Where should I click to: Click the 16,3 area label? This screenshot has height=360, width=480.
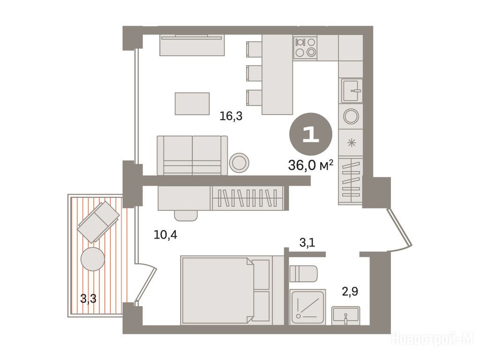pos(231,116)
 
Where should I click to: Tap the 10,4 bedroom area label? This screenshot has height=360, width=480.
pos(165,235)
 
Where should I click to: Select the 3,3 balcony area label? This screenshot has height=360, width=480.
pos(88,298)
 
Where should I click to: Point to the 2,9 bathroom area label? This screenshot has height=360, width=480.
pos(350,292)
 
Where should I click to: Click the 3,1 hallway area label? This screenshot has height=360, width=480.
pos(307,243)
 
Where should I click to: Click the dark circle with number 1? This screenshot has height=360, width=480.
pos(311,134)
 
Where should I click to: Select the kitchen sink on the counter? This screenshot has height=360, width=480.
pos(352,90)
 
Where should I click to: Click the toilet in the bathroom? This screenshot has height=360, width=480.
pos(303,274)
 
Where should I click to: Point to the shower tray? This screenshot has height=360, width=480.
pos(307,307)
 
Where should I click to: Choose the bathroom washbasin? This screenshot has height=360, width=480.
pos(346,315)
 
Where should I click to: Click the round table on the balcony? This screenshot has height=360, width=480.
pos(93,259)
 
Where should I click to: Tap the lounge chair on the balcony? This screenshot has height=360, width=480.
pos(98,222)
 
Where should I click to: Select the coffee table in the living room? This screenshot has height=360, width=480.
pos(192,104)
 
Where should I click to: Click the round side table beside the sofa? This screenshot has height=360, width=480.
pos(239,162)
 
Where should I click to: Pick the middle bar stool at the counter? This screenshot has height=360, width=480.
pos(254,73)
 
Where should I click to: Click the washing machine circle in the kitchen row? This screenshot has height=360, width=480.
pos(351,116)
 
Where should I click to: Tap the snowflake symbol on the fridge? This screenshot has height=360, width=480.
pos(352,142)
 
